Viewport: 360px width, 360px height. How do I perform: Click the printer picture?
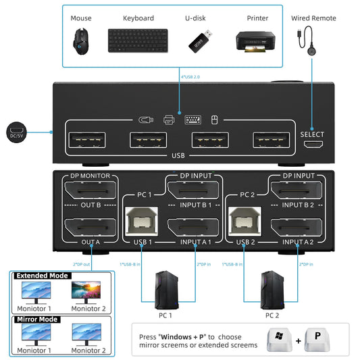coord(254,41)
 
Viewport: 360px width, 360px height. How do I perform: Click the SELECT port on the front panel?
coord(311,144)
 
